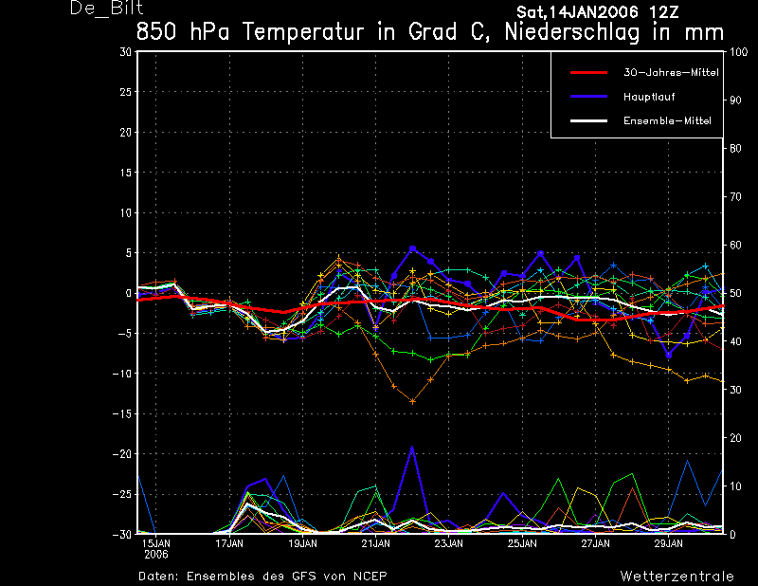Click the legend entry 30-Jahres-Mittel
point(671,73)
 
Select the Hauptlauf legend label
point(649,97)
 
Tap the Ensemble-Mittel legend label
point(667,121)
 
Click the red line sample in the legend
point(588,73)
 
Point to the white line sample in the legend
point(588,121)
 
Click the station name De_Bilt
point(106,9)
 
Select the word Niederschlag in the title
point(572,32)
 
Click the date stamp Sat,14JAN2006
point(577,12)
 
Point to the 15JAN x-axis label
point(155,544)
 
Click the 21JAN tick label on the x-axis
point(375,544)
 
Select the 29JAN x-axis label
point(669,544)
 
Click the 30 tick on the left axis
point(126,52)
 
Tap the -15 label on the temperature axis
point(122,414)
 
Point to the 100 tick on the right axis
point(738,52)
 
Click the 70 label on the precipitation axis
point(735,197)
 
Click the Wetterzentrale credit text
point(677,577)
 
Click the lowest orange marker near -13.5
point(412,401)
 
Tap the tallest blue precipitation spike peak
point(412,447)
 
